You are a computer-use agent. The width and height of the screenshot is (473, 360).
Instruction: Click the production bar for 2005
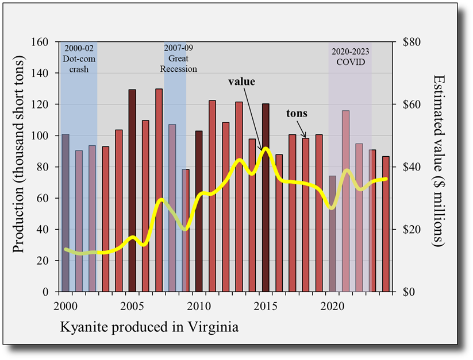click(132, 189)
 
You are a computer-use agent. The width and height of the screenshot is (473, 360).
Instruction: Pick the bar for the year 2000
click(66, 212)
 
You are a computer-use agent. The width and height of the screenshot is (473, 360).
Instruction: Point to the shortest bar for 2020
click(332, 241)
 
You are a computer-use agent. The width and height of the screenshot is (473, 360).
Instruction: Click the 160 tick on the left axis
click(41, 42)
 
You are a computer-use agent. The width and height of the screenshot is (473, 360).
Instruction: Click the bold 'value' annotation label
click(241, 82)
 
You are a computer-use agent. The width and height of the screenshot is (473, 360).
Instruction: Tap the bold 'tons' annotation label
click(297, 114)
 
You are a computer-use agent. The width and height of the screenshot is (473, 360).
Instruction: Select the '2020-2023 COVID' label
click(350, 56)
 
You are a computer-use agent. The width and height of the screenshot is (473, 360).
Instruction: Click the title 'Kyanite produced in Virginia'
click(149, 328)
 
